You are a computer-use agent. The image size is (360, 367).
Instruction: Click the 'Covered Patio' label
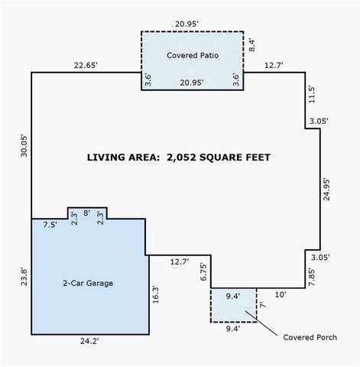pyautogui.click(x=191, y=55)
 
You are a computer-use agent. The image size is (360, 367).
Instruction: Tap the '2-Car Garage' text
pyautogui.click(x=88, y=283)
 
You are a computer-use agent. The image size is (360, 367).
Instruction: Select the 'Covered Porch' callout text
pyautogui.click(x=310, y=336)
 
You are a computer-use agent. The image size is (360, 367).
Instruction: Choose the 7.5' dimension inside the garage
pyautogui.click(x=50, y=226)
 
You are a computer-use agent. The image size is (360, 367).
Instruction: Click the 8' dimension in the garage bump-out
pyautogui.click(x=86, y=213)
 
